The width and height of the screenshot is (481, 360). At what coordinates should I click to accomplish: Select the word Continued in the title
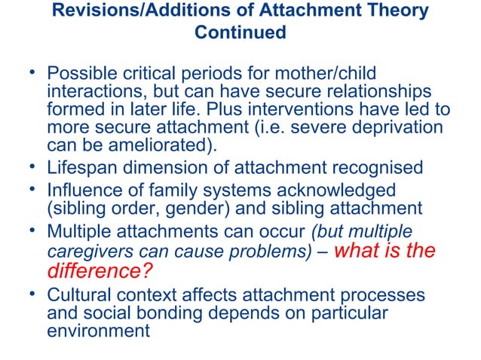point(240,33)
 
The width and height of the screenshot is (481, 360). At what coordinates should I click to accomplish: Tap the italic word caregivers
point(84,251)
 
